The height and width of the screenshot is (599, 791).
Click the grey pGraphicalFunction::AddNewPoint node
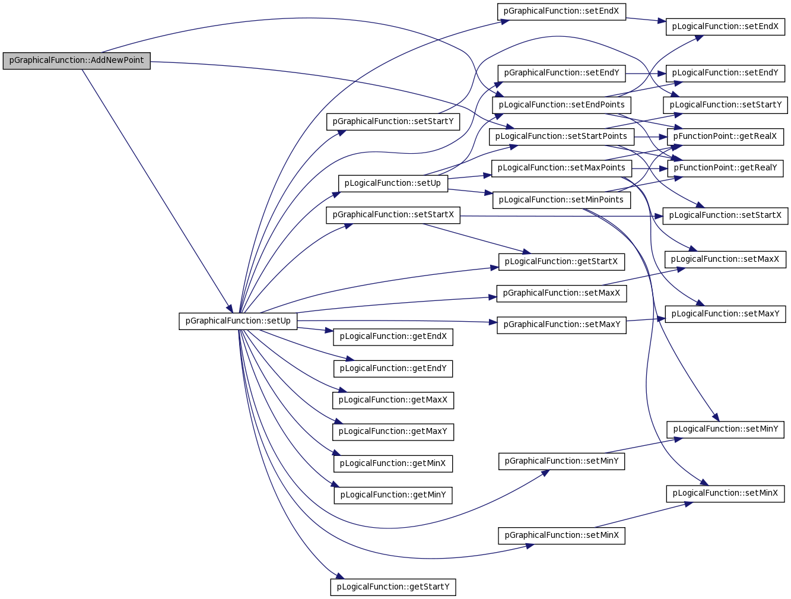[x=77, y=61]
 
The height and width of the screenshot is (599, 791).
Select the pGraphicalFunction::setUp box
[x=238, y=321]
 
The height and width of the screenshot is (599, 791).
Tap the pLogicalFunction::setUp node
[x=393, y=183]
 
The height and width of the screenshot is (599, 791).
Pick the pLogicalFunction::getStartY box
[x=393, y=587]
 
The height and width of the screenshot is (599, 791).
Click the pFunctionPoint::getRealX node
[x=725, y=137]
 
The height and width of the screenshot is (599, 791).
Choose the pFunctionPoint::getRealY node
[x=725, y=169]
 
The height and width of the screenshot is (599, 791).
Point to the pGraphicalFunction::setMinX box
[x=561, y=535]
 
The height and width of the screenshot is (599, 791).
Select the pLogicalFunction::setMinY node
[x=725, y=430]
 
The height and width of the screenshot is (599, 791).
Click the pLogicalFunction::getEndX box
[x=393, y=337]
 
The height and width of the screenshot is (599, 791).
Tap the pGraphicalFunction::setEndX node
[x=561, y=11]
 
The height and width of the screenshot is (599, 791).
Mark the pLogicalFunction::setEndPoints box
[x=561, y=105]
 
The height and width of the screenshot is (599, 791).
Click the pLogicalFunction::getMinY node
[x=393, y=495]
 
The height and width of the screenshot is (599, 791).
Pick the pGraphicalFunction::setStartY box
[x=393, y=122]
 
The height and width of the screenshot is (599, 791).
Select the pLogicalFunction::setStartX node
[x=725, y=216]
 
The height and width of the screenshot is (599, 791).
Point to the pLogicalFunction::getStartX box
[x=561, y=262]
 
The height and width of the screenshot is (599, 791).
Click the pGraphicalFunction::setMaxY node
[x=561, y=325]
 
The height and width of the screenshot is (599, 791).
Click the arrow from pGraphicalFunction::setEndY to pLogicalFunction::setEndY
[x=646, y=74]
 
